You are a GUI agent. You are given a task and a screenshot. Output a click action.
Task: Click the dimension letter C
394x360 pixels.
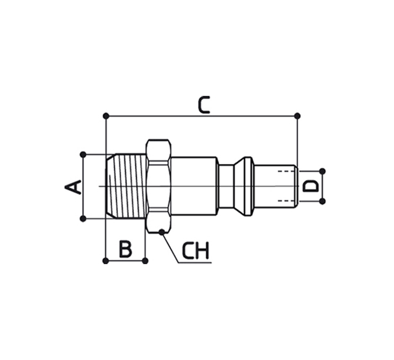(x=203, y=105)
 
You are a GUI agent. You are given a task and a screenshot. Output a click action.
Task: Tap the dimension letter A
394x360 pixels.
(x=73, y=187)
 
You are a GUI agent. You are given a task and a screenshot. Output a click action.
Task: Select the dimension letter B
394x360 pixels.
(x=126, y=249)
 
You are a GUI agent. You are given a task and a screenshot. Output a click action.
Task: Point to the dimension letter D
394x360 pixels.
(x=310, y=186)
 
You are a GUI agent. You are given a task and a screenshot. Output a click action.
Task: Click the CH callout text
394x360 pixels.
(x=196, y=250)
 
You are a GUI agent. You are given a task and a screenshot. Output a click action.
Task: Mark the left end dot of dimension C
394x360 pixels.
(x=106, y=116)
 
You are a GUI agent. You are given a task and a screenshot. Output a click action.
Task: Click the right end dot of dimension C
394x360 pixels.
(x=297, y=116)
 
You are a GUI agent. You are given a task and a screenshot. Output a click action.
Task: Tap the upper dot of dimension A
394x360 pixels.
(x=83, y=155)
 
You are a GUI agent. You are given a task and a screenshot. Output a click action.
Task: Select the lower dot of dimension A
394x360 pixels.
(x=83, y=219)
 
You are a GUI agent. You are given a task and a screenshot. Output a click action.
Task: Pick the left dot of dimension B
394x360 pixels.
(x=106, y=261)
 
